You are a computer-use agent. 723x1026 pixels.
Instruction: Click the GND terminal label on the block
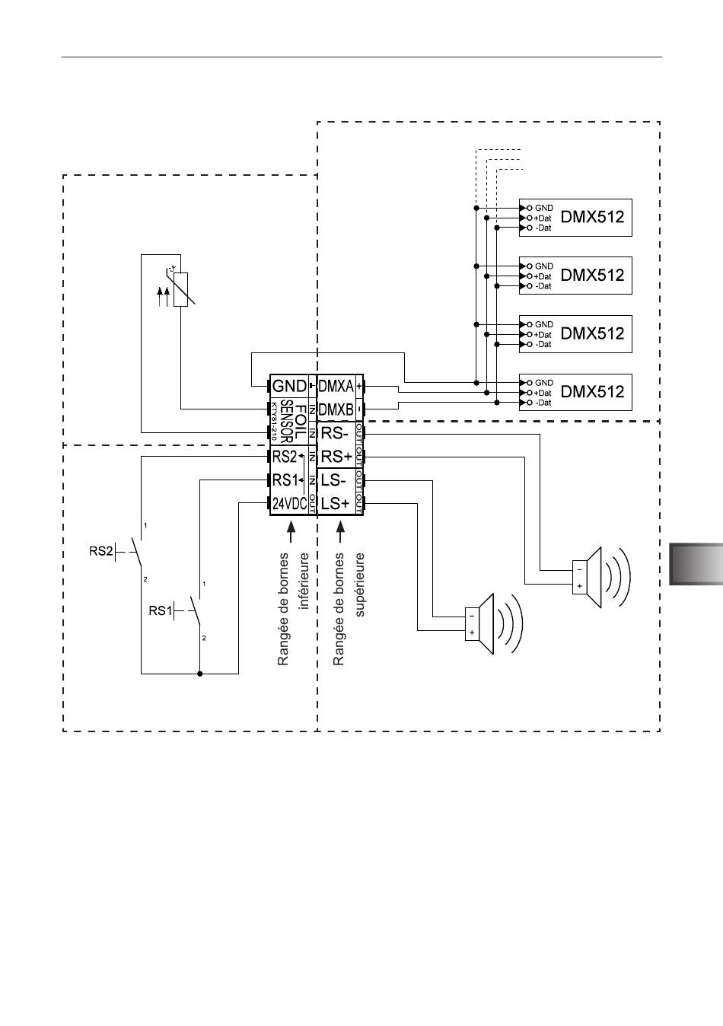[x=289, y=386]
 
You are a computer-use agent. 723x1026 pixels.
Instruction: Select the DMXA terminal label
[x=336, y=386]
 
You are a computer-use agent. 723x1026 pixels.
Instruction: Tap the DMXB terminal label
[x=336, y=409]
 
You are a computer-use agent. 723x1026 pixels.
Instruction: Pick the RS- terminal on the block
[x=335, y=433]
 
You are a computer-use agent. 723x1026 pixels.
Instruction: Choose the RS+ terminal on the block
[x=336, y=457]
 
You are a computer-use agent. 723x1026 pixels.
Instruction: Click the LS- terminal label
[x=333, y=480]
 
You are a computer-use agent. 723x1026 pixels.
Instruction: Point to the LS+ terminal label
[x=335, y=504]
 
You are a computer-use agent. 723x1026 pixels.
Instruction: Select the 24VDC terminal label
[x=289, y=504]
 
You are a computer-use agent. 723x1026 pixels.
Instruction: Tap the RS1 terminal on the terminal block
[x=285, y=480]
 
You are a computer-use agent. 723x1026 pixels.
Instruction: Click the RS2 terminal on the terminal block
[x=285, y=457]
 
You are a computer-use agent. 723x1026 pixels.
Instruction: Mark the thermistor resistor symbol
[x=181, y=289]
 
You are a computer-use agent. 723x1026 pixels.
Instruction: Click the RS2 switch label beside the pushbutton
[x=100, y=551]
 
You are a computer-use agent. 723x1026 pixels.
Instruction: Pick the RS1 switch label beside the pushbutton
[x=161, y=610]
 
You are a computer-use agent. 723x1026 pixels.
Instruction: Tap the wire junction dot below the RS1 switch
[x=199, y=674]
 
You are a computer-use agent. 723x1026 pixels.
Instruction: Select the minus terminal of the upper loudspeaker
[x=580, y=570]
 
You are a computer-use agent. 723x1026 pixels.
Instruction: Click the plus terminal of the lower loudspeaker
[x=472, y=632]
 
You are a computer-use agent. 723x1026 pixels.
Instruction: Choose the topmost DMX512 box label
[x=593, y=217]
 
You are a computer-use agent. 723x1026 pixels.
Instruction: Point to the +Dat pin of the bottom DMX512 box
[x=543, y=393]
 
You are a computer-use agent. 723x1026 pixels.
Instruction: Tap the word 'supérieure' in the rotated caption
[x=360, y=585]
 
